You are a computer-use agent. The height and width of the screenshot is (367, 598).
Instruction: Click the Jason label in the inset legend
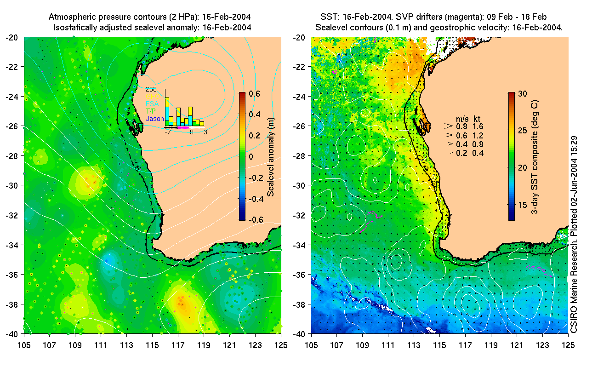(x=155, y=119)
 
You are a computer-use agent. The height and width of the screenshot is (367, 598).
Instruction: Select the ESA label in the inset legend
(x=153, y=104)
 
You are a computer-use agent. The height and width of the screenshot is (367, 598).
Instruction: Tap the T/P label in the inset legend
(x=151, y=111)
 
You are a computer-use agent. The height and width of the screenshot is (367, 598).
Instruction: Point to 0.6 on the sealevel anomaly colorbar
(x=255, y=93)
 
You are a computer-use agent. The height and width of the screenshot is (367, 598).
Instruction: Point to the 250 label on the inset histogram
(x=151, y=90)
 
